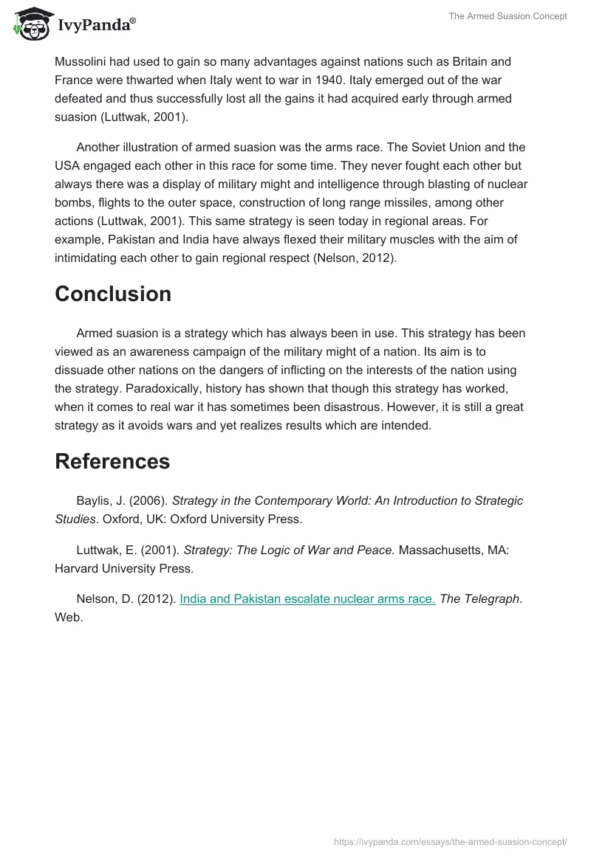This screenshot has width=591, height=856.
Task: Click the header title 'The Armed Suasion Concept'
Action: tap(508, 16)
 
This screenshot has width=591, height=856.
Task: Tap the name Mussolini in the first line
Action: tap(81, 61)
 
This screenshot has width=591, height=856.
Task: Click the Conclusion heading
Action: tap(113, 294)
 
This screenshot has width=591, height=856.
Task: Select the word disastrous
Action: tap(341, 407)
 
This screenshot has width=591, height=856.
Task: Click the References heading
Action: tap(112, 461)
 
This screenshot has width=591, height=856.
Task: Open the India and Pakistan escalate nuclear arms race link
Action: tap(307, 599)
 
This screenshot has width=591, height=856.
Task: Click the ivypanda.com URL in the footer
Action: tap(450, 841)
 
